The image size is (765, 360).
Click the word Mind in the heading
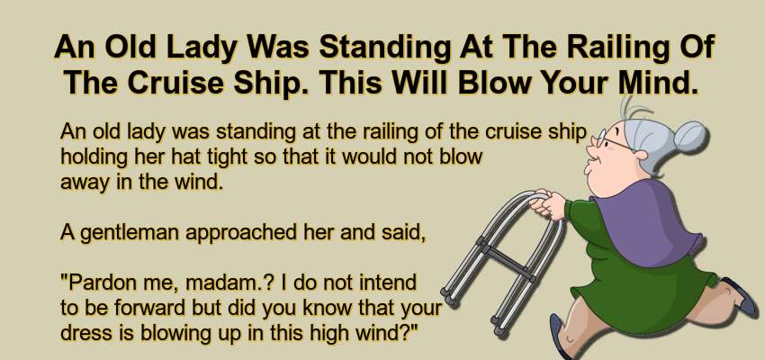[x=655, y=83]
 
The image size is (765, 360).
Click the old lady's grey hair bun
[x=690, y=136]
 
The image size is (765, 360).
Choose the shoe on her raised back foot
[x=740, y=294]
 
